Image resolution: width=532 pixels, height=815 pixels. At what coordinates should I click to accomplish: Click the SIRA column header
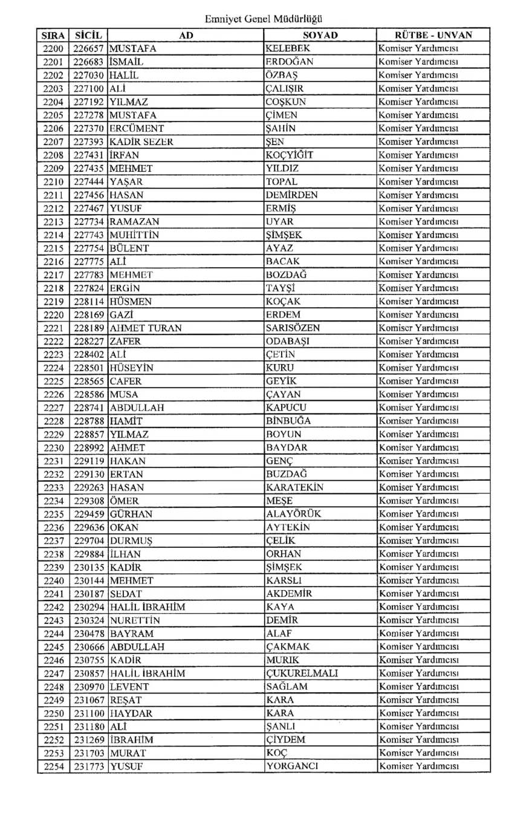coord(54,35)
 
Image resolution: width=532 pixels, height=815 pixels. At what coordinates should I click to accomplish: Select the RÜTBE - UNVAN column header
coord(433,35)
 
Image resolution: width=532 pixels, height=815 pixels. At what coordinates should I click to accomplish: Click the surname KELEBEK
coord(288,48)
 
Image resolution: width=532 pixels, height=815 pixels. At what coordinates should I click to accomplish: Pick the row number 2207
coord(54,141)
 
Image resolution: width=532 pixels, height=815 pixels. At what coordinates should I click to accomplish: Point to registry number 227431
coord(89,155)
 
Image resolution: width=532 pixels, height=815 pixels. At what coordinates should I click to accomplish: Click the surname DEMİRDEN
coord(292,195)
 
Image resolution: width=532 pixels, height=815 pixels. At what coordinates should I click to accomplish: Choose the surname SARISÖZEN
coord(293,328)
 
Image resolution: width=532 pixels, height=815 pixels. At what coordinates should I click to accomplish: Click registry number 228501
coord(89,368)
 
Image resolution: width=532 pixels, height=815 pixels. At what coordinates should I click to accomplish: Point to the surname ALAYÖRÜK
coord(293,514)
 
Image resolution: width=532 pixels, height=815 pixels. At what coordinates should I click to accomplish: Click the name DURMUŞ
coord(131,541)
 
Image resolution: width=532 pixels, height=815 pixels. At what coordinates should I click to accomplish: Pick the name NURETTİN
coord(135,620)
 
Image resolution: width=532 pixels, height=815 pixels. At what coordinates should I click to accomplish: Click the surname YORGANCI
coord(292,767)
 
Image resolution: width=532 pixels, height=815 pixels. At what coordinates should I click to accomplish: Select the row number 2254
coord(54,767)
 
